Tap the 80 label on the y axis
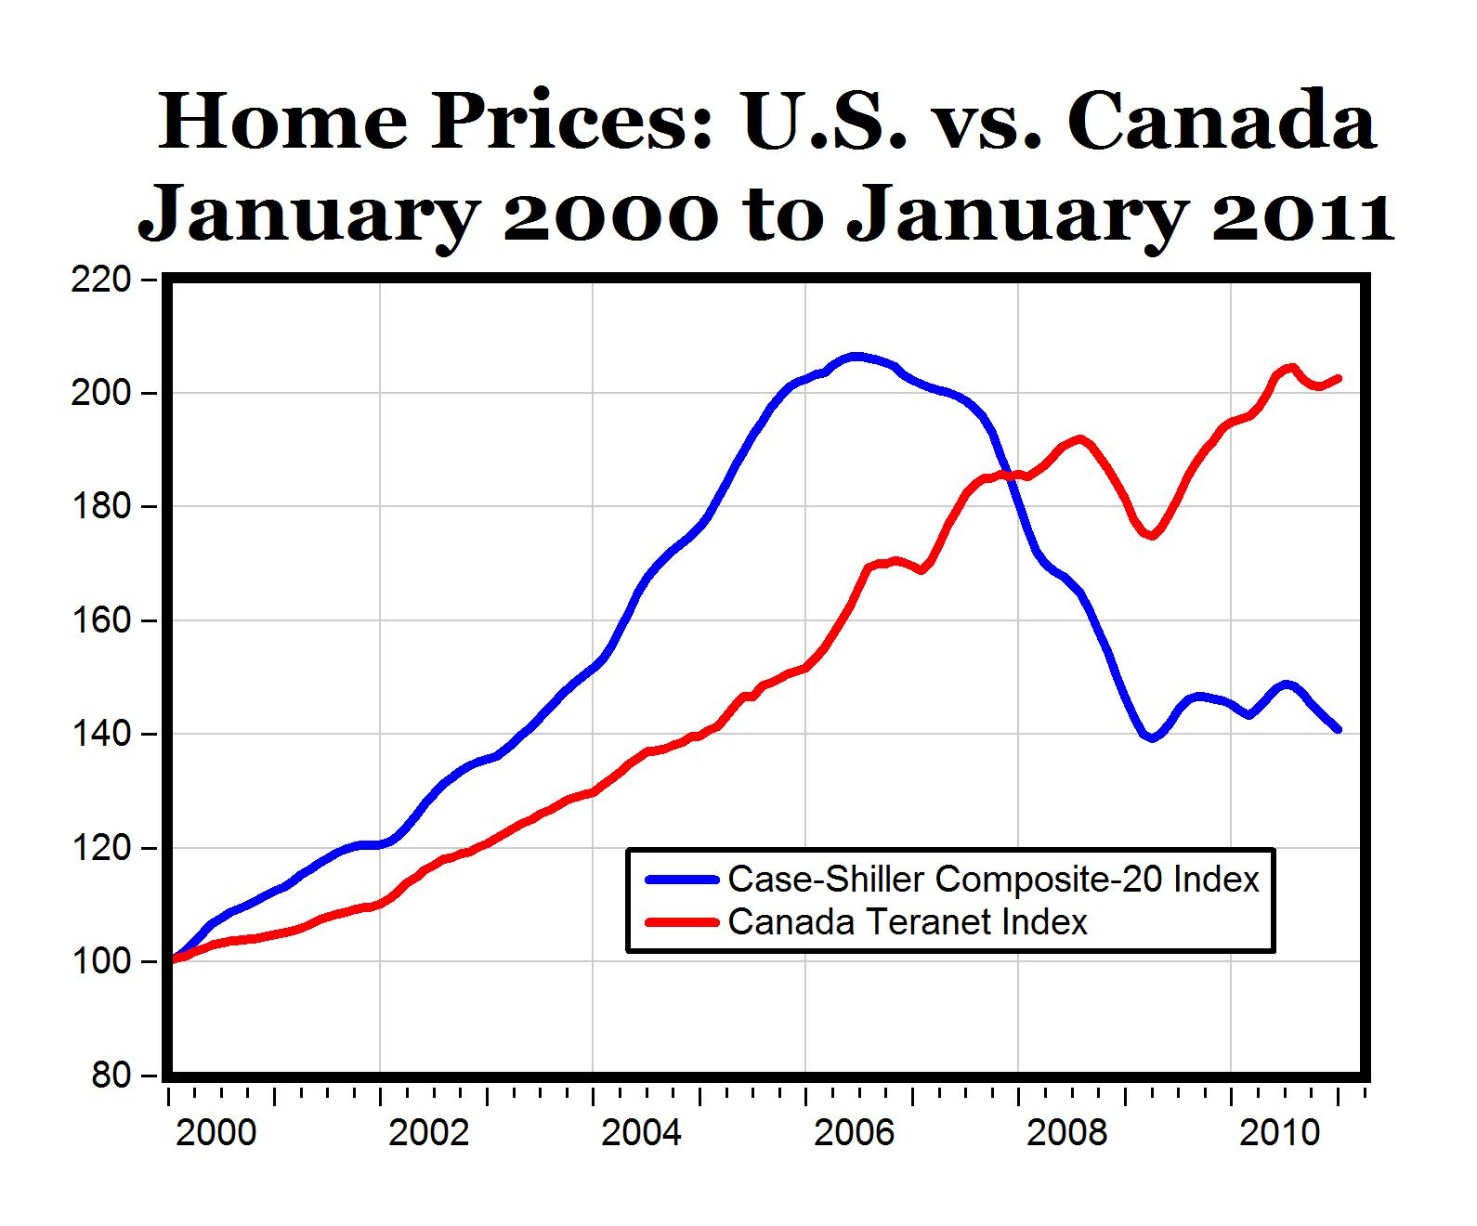(x=112, y=1076)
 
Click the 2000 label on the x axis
(x=216, y=1134)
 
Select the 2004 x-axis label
(x=642, y=1134)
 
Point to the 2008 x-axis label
(x=1067, y=1134)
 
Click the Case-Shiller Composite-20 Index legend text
(x=993, y=879)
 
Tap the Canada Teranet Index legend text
(x=908, y=921)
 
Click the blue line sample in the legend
(x=682, y=879)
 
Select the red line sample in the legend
(x=682, y=921)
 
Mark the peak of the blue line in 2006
(x=856, y=356)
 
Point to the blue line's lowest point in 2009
(x=1152, y=738)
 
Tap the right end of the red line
(x=1339, y=378)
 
